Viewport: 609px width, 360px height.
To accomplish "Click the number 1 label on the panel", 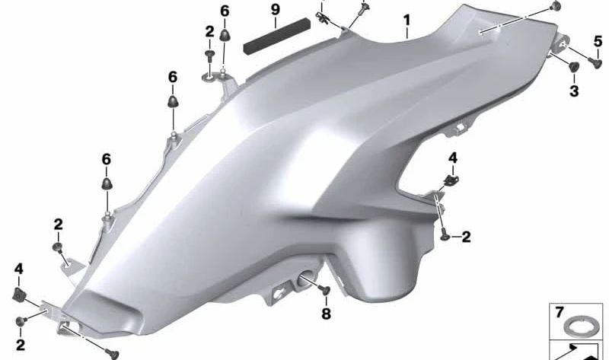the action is coord(407,21).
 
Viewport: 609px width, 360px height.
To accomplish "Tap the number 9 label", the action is coord(276,9).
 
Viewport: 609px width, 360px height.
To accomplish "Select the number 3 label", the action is coord(574,91).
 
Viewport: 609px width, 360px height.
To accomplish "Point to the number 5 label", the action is coord(598,41).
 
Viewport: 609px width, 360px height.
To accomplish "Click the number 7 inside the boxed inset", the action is coord(559,313).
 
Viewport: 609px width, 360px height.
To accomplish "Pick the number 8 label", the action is coord(327,314).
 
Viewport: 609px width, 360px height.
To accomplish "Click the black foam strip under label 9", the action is coord(277,36).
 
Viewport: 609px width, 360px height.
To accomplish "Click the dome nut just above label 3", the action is coord(573,66).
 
